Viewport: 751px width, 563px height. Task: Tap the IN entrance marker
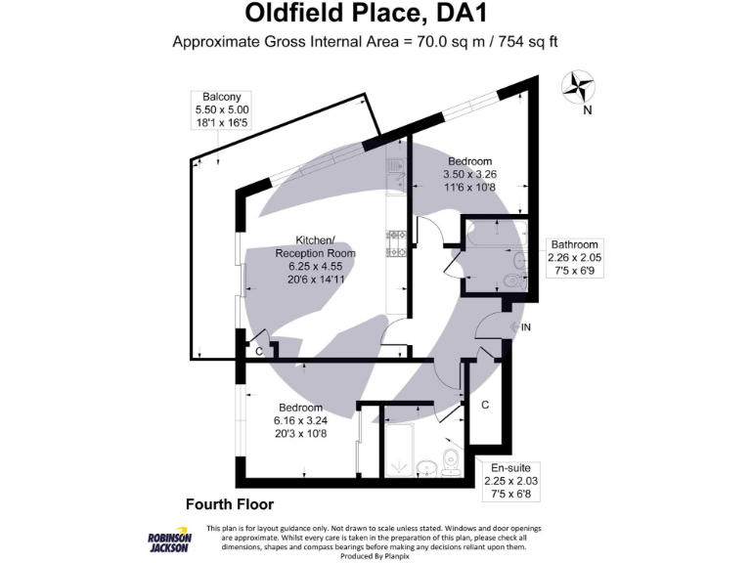(x=526, y=326)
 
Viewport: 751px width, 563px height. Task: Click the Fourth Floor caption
(x=229, y=504)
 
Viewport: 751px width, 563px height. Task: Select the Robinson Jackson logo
(x=168, y=541)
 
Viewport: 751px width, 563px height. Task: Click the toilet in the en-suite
(x=451, y=461)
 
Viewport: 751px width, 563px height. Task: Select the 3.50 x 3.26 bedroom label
(x=469, y=174)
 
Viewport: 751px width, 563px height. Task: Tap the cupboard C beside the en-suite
(x=485, y=404)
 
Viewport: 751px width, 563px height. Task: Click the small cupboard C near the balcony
(x=258, y=351)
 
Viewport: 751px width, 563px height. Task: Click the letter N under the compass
(x=587, y=110)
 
